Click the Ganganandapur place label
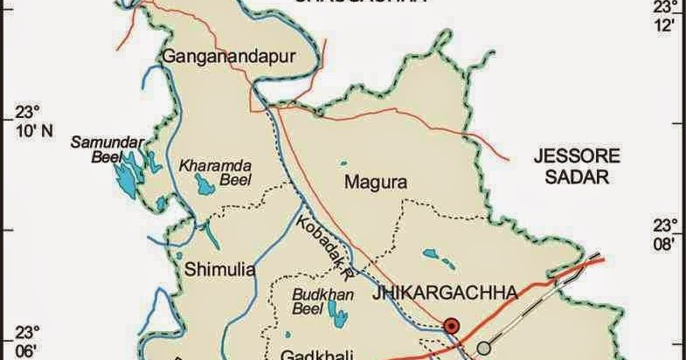pyautogui.click(x=230, y=58)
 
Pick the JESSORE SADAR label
pyautogui.click(x=577, y=166)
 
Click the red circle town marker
pyautogui.click(x=452, y=326)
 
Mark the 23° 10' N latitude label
pyautogui.click(x=30, y=122)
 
